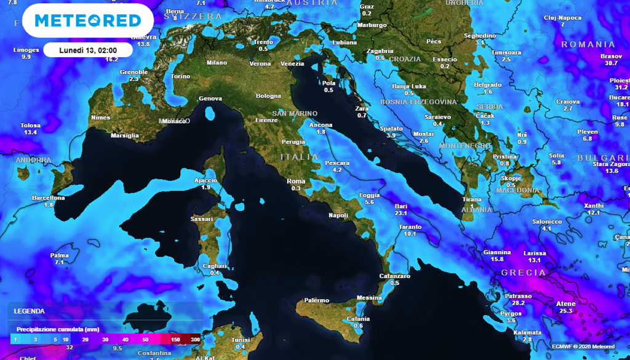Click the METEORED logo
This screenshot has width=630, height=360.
(x=88, y=20)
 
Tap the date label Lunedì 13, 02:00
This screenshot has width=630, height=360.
(x=88, y=49)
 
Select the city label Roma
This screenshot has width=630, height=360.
(x=296, y=181)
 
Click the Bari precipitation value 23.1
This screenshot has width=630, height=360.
(x=401, y=213)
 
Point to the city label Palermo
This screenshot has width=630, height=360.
(x=317, y=300)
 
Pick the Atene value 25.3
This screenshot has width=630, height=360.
(x=566, y=311)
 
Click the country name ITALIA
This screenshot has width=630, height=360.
(x=300, y=157)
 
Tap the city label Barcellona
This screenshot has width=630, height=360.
(x=49, y=198)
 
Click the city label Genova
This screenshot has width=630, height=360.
(x=210, y=98)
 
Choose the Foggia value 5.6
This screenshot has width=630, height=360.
(x=369, y=202)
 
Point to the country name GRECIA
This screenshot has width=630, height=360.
(x=524, y=272)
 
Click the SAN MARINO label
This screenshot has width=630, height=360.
(x=295, y=113)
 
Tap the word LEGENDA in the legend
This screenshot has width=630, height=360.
(x=29, y=311)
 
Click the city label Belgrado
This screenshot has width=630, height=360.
(x=487, y=84)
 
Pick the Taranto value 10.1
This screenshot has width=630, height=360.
(x=410, y=233)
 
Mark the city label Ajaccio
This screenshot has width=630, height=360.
(x=205, y=180)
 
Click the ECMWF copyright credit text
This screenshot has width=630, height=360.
(x=582, y=346)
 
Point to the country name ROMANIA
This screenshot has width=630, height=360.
(x=588, y=44)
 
